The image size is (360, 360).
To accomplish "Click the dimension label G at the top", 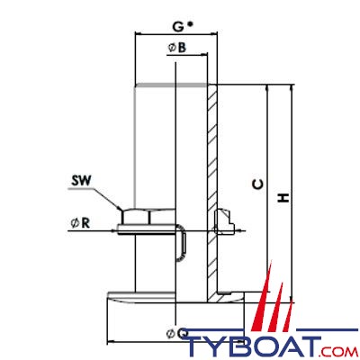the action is point(178,27).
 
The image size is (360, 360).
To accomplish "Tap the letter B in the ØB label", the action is point(182,48).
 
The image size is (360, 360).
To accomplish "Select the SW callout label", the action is point(81,181).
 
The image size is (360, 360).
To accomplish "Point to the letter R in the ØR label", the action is point(85,223).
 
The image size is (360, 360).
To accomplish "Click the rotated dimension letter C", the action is point(257,184).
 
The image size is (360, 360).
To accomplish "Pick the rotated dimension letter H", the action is point(283,197).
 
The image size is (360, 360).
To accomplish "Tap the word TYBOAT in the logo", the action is point(253,346).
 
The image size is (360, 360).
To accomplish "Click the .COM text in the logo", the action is point(339,351).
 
